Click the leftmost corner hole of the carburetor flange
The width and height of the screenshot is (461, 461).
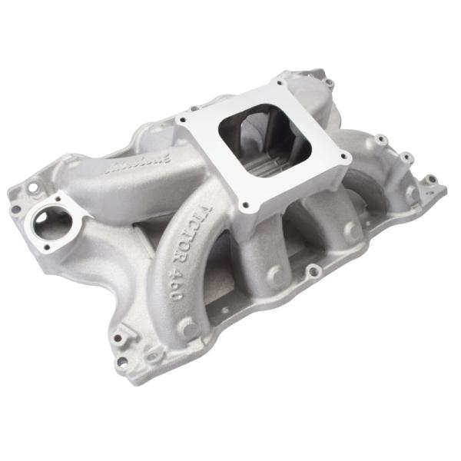(183, 120)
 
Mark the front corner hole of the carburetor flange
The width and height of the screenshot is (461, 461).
(246, 206)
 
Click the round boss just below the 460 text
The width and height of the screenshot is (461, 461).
(187, 327)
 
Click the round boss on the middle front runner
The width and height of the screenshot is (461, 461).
(274, 275)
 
